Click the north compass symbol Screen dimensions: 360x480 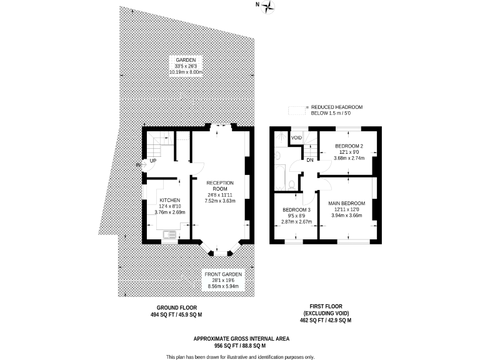coord(269,7)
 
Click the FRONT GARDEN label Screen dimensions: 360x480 coord(222,274)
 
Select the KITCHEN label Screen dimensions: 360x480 coord(153,200)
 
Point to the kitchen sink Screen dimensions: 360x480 coord(169,236)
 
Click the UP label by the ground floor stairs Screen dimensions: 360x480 coord(153,160)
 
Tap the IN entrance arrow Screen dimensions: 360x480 coord(139,165)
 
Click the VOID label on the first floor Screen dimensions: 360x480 coord(297,137)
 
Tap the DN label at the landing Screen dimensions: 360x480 coord(309,159)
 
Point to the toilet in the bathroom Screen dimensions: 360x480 coord(292,184)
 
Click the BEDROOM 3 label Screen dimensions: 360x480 coord(296,209)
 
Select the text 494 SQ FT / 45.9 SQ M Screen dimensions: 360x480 coord(171,314)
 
